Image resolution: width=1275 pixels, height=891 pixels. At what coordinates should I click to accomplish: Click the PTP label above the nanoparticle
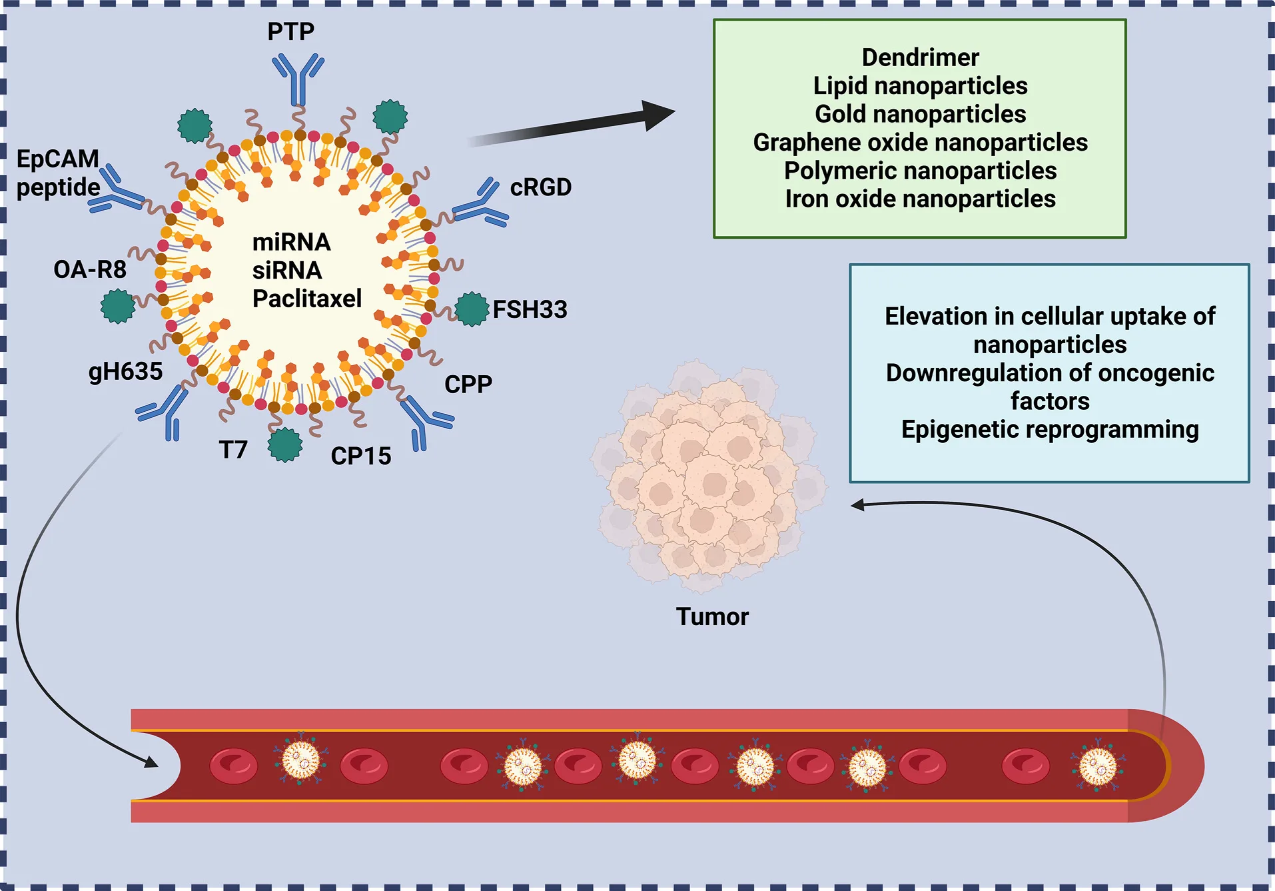pyautogui.click(x=290, y=31)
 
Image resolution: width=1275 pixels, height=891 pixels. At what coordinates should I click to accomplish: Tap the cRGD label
pyautogui.click(x=540, y=187)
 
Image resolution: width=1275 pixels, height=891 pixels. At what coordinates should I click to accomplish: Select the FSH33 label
pyautogui.click(x=530, y=309)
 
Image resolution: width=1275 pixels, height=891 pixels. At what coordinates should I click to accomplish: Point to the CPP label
pyautogui.click(x=468, y=385)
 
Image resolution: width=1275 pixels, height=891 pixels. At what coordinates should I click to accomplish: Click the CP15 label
pyautogui.click(x=360, y=456)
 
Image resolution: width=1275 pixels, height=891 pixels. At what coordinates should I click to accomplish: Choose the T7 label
pyautogui.click(x=233, y=450)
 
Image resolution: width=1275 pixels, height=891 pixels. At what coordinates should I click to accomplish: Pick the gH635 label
pyautogui.click(x=125, y=371)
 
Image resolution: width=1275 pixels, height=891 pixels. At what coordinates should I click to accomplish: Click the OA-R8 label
pyautogui.click(x=90, y=269)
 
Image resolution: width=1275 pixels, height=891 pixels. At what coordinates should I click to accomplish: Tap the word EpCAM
pyautogui.click(x=57, y=159)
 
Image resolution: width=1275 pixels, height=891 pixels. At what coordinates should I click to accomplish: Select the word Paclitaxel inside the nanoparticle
pyautogui.click(x=307, y=299)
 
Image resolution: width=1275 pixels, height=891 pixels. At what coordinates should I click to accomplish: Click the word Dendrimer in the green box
pyautogui.click(x=920, y=57)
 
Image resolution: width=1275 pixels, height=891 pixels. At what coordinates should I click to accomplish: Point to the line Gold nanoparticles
pyautogui.click(x=920, y=114)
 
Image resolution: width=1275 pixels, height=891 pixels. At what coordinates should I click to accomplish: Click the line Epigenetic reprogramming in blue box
pyautogui.click(x=1049, y=429)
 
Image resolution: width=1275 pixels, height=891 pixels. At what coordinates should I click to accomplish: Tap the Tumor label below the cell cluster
pyautogui.click(x=712, y=616)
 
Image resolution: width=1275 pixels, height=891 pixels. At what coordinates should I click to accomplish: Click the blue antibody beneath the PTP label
pyautogui.click(x=298, y=79)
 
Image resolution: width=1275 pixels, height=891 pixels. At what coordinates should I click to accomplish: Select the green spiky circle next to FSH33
pyautogui.click(x=472, y=309)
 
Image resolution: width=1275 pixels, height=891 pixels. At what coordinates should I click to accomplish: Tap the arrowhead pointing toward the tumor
pyautogui.click(x=859, y=505)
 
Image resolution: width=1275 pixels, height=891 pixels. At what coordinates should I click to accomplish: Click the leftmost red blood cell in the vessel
pyautogui.click(x=233, y=766)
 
